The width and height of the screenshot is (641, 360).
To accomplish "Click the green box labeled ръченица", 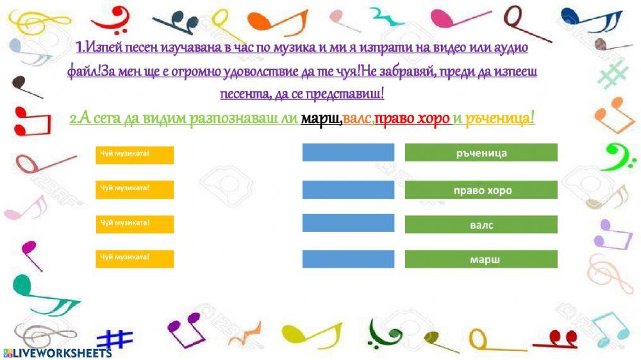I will [481, 152].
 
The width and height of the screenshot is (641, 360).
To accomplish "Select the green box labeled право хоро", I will [481, 190].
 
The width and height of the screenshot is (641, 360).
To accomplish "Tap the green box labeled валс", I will [481, 225].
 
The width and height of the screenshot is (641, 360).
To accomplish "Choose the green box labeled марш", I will [481, 259].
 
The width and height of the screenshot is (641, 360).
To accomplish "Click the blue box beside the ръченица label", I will [348, 152].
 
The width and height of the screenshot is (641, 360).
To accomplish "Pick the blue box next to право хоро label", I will [348, 190].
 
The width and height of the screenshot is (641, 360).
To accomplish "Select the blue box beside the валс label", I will [348, 223].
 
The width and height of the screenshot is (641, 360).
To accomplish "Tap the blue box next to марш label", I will [348, 259].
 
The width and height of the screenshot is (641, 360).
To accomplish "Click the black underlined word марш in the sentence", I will [320, 119].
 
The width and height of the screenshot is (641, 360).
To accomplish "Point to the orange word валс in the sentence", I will [357, 119].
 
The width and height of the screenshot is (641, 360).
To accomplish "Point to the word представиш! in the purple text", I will [348, 94].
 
